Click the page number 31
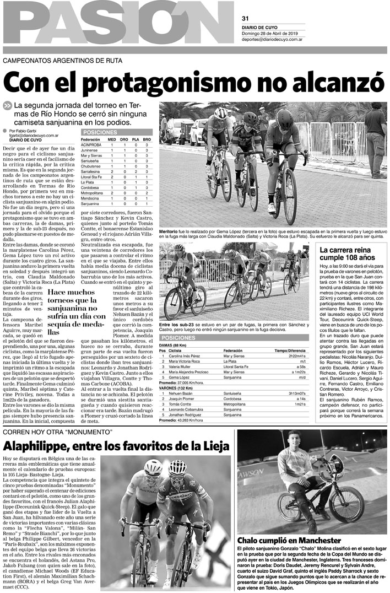246,18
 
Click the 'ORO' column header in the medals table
128,140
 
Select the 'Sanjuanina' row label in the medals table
91,204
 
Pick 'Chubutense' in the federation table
92,166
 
